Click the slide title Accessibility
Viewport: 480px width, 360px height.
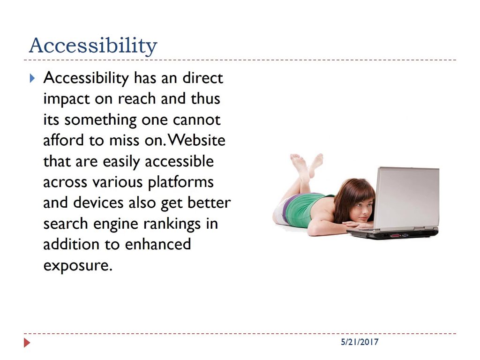point(93,45)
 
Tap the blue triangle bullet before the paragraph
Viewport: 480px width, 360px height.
point(32,78)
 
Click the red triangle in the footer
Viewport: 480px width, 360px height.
point(27,343)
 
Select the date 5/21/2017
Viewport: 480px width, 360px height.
point(360,342)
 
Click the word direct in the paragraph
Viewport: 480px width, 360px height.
point(202,78)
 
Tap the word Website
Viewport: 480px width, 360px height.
point(196,140)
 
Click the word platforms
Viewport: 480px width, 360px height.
point(180,183)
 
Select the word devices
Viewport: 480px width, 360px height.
point(98,202)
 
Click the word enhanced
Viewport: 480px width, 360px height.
point(158,244)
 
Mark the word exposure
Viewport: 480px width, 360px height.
point(78,266)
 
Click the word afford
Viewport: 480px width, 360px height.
point(63,140)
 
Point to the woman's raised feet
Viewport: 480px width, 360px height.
point(307,164)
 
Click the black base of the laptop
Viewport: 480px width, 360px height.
point(393,233)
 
